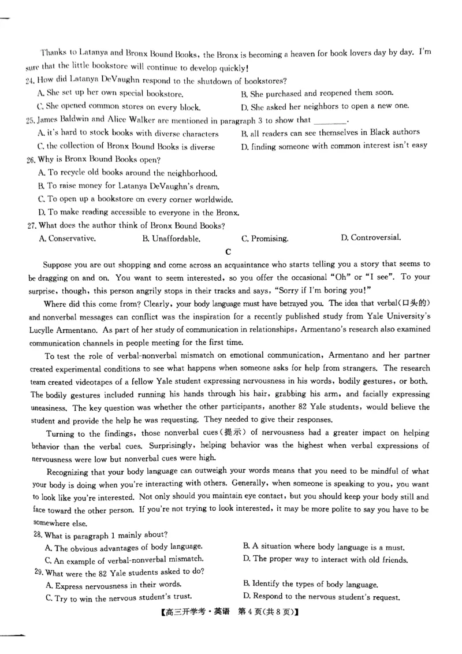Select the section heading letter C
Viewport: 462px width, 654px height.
[x=229, y=251]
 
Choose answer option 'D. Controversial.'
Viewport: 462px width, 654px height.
[x=371, y=237]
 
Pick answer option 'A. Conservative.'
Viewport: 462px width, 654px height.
[x=67, y=238]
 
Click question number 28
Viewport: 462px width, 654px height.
[x=39, y=535]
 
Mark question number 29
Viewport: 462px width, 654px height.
[x=39, y=572]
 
